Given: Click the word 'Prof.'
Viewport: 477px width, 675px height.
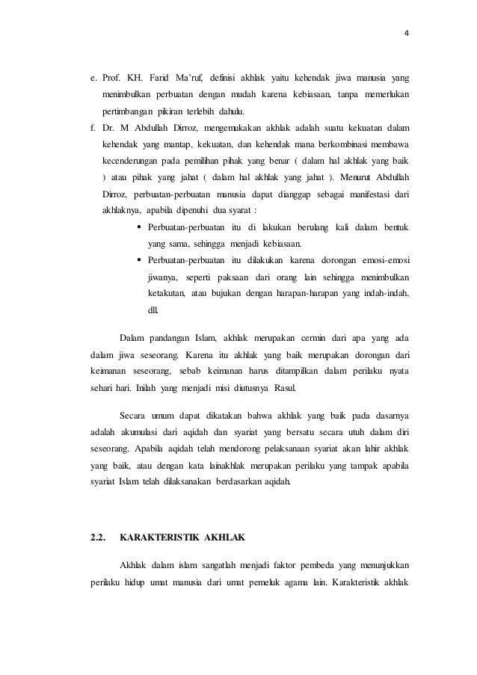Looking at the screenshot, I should (x=113, y=78).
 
